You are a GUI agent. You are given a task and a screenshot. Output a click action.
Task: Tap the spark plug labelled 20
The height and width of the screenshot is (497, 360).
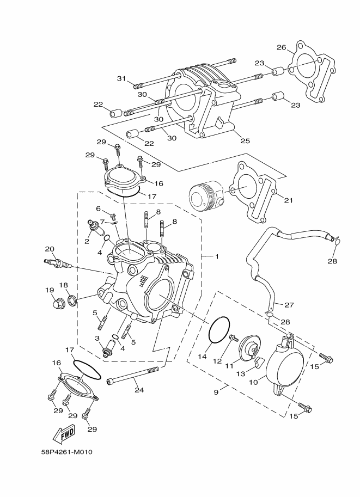(57, 264)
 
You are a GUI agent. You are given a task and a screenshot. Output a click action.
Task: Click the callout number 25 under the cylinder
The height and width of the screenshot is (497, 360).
(245, 141)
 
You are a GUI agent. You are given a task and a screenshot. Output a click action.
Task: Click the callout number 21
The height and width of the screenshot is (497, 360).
(289, 200)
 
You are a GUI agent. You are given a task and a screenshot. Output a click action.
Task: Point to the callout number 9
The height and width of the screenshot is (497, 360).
(216, 391)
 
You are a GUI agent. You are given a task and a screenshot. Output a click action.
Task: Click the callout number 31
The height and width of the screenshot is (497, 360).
(122, 78)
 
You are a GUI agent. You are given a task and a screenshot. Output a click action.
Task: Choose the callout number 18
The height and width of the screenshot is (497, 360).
(64, 285)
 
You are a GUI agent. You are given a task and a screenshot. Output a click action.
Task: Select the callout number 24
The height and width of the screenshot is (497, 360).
(139, 389)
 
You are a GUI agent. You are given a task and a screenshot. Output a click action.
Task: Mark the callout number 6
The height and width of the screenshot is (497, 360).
(99, 208)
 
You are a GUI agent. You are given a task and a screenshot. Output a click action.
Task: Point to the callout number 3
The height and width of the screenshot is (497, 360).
(97, 339)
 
